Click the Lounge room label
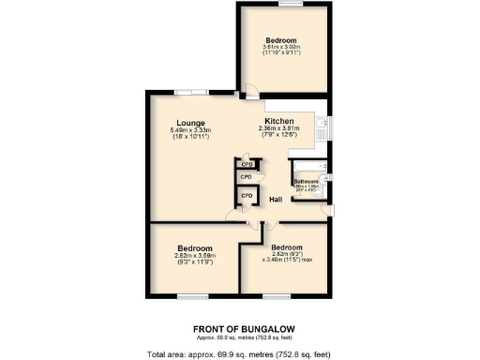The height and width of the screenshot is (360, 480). (x=190, y=122)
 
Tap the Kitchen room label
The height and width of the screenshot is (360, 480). (x=280, y=122)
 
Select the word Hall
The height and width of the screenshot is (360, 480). (x=277, y=200)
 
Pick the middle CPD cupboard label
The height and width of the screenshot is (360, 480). (x=247, y=176)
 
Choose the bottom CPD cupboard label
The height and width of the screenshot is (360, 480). (x=247, y=195)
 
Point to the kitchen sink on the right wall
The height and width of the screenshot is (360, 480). (x=322, y=126)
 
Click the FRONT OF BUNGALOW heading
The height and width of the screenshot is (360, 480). (x=239, y=327)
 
